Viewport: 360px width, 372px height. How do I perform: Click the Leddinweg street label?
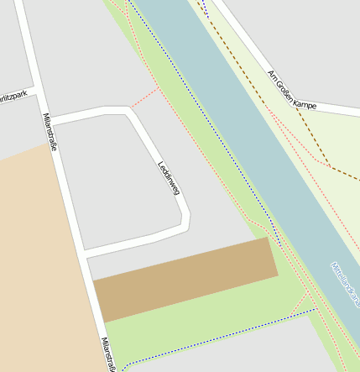click(169, 177)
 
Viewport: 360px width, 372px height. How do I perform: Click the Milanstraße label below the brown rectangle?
click(107, 353)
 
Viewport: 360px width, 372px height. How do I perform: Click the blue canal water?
click(252, 126)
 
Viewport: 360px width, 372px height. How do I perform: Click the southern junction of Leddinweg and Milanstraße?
click(86, 253)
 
